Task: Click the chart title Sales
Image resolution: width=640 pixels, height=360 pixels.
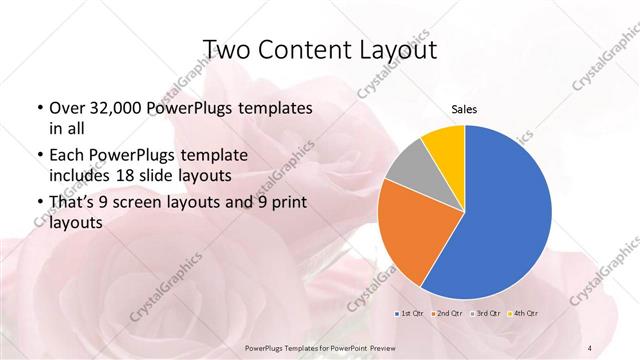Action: [463, 109]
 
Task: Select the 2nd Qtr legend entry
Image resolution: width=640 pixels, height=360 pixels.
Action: [447, 314]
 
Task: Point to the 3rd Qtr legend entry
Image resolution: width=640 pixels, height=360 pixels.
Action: [484, 314]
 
